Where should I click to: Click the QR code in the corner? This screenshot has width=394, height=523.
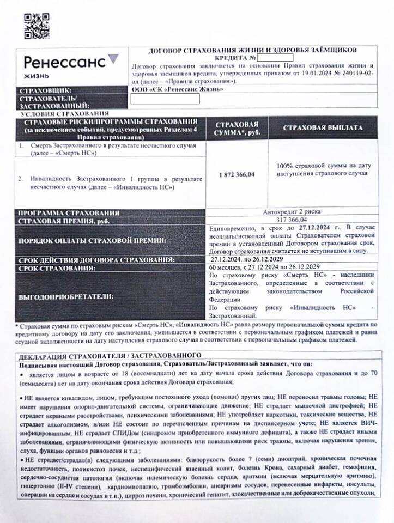(37, 25)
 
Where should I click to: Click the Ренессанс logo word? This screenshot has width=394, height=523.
(64, 61)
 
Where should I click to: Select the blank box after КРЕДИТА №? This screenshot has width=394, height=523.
(275, 58)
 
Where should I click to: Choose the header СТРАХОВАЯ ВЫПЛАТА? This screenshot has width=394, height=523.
(323, 127)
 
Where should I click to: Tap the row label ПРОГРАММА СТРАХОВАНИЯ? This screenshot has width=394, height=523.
(69, 212)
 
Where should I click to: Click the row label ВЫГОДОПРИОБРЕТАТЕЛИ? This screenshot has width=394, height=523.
(66, 297)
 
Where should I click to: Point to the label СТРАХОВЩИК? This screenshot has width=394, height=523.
(45, 90)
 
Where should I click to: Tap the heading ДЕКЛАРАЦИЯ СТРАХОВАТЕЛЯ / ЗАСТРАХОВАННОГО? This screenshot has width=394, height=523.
(111, 355)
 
